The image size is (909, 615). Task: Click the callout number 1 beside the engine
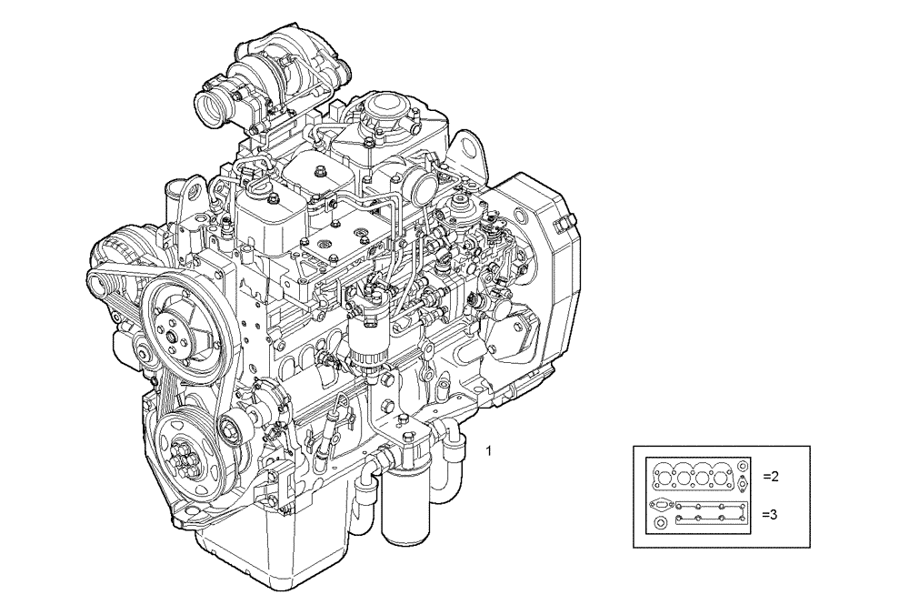point(490,450)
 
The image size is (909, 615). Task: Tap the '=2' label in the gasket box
point(770,476)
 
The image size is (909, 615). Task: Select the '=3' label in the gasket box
point(770,514)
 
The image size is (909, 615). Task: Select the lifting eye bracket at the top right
point(468,155)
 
